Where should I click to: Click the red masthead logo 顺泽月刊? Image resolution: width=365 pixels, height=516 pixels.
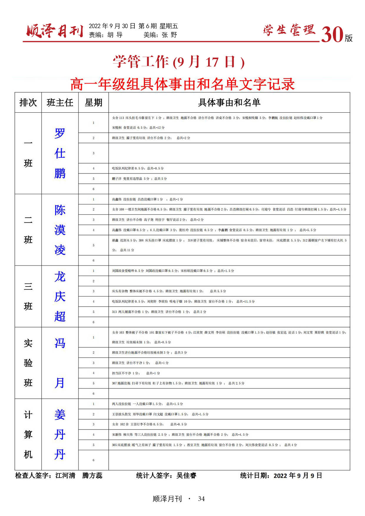coord(55,31)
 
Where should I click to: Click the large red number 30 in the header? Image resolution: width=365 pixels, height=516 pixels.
coord(332,35)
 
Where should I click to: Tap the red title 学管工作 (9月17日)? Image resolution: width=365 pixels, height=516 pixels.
coord(179,62)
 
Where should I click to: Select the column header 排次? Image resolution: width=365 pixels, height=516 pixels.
coord(28,102)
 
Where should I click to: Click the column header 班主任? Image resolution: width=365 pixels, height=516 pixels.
coord(60,102)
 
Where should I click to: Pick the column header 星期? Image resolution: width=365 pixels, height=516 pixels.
coord(93,102)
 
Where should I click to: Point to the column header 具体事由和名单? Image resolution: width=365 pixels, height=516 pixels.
coord(229,102)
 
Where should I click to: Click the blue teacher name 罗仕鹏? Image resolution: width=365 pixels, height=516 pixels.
coord(60,153)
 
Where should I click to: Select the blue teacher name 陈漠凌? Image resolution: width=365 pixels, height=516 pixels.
coord(60,230)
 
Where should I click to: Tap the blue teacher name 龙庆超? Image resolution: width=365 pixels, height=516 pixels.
coord(60,297)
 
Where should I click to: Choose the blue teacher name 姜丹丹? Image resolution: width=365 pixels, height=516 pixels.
coord(60,435)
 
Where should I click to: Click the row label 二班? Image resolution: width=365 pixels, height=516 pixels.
coord(28,230)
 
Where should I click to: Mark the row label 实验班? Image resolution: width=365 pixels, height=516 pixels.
coord(28,363)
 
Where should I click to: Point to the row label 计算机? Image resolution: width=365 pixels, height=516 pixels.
coord(28,435)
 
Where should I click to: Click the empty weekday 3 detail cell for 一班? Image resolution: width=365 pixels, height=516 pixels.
coord(229,153)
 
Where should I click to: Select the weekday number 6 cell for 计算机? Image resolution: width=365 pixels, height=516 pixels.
coord(94,460)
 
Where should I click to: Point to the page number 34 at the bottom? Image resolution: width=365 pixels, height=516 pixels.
coord(201,499)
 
